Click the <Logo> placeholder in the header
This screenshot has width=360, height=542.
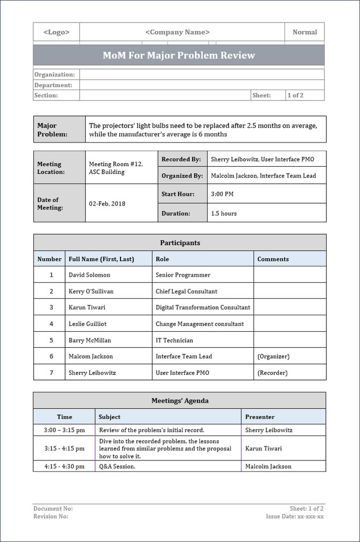click(56, 32)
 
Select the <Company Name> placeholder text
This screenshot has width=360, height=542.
click(177, 32)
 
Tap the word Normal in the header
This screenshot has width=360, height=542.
click(304, 32)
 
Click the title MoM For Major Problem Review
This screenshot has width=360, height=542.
click(178, 55)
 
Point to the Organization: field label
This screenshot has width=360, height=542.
click(54, 75)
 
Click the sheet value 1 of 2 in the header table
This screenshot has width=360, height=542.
click(295, 95)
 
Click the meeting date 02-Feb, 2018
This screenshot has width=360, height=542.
click(107, 204)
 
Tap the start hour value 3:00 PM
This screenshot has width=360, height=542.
click(222, 194)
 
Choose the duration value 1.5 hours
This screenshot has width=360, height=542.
click(223, 213)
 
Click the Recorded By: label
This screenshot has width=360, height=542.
click(181, 159)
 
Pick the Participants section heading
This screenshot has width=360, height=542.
click(179, 243)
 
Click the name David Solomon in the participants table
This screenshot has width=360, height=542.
click(89, 275)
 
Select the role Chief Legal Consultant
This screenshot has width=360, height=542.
click(186, 291)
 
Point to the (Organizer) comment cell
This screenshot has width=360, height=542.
click(273, 356)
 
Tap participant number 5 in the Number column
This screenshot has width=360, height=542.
click(51, 340)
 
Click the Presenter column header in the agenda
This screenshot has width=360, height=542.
click(259, 417)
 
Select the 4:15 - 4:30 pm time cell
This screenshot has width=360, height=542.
click(64, 466)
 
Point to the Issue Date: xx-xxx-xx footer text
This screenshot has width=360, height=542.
click(294, 516)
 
